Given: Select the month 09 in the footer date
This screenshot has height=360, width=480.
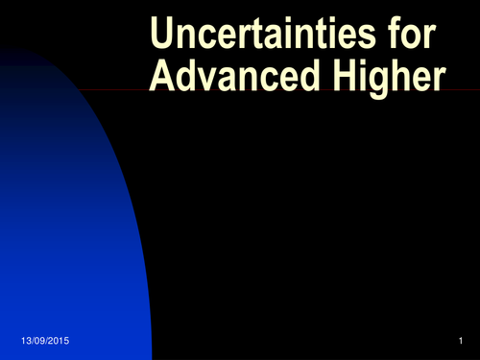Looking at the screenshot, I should (x=38, y=343).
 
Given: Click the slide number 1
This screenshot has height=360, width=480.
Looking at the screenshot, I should (x=461, y=343).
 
